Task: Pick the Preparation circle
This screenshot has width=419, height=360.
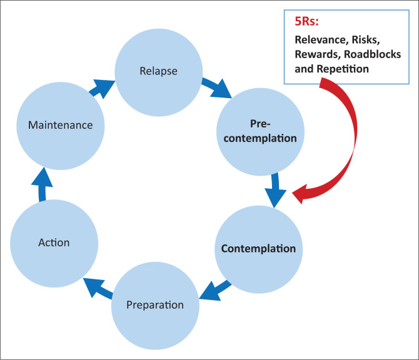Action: tap(155, 305)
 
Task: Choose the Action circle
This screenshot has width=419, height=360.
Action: tap(53, 242)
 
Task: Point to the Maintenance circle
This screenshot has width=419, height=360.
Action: tap(60, 125)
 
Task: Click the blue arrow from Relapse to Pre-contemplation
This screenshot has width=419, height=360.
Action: tap(216, 87)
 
